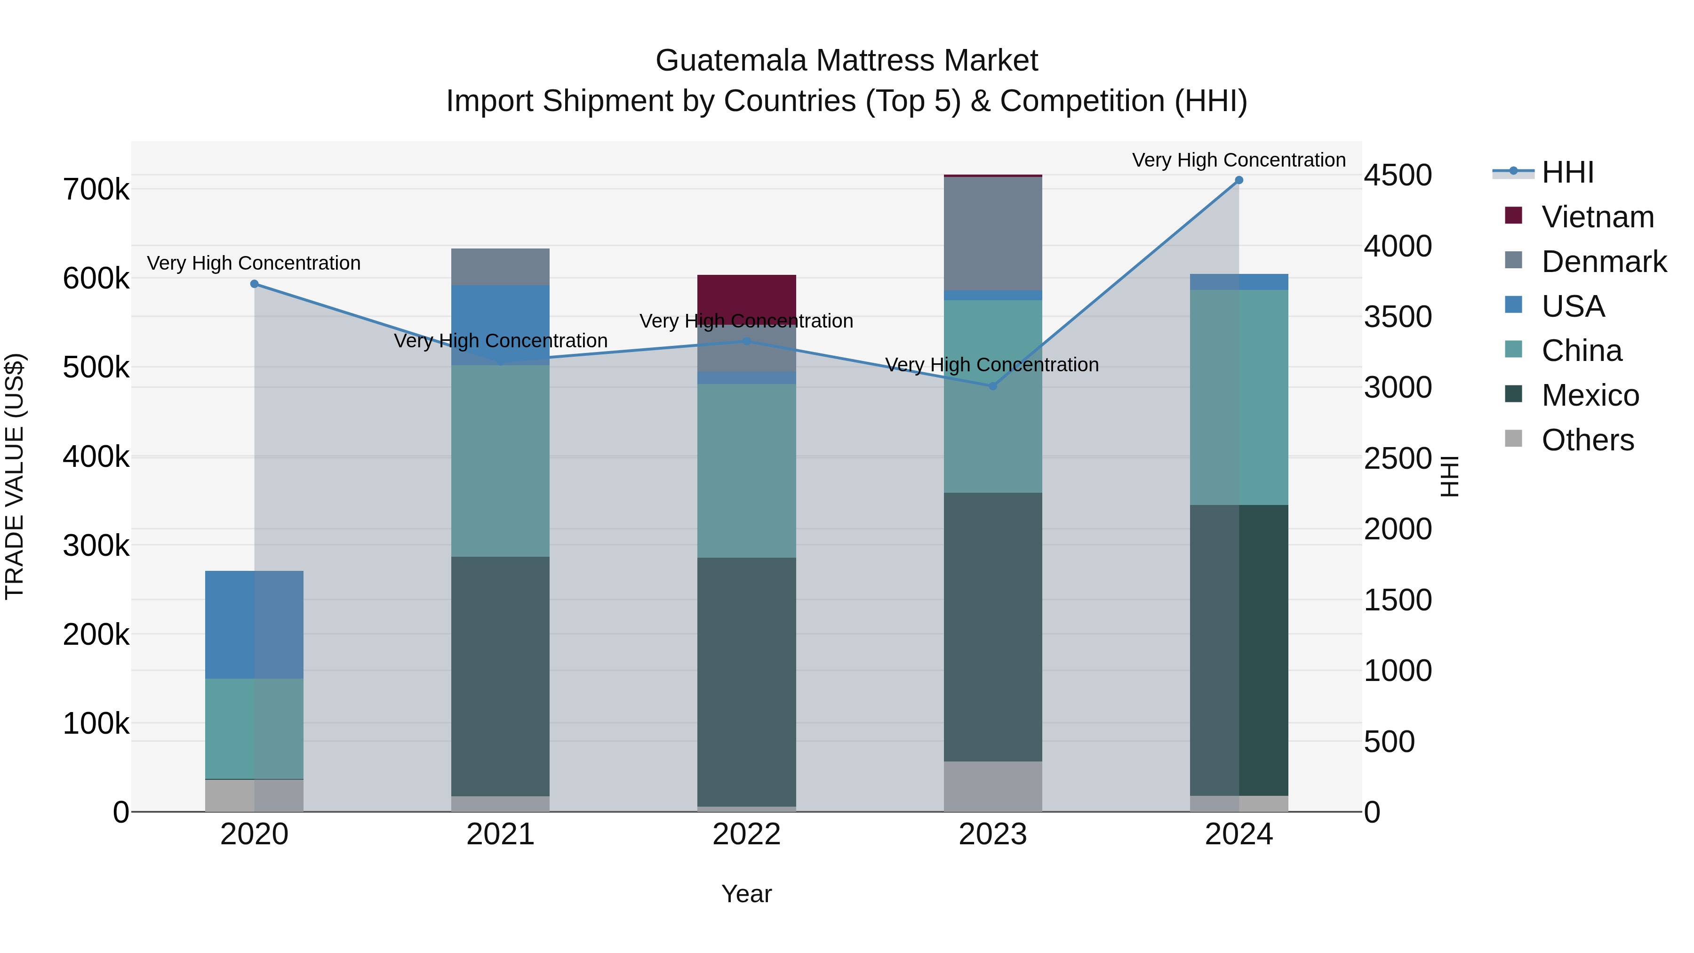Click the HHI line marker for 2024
click(x=1239, y=180)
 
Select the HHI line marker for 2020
click(x=255, y=284)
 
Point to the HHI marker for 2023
click(x=993, y=386)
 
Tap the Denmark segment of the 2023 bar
click(x=993, y=233)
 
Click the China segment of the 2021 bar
click(x=501, y=460)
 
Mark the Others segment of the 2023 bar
click(x=993, y=786)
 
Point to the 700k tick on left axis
click(x=96, y=190)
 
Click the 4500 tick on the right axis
click(x=1398, y=176)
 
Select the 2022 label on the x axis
click(x=746, y=834)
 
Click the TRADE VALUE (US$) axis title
click(x=15, y=476)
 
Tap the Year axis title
click(x=746, y=894)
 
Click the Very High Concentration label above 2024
click(x=1239, y=160)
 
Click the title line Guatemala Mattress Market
click(x=847, y=61)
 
